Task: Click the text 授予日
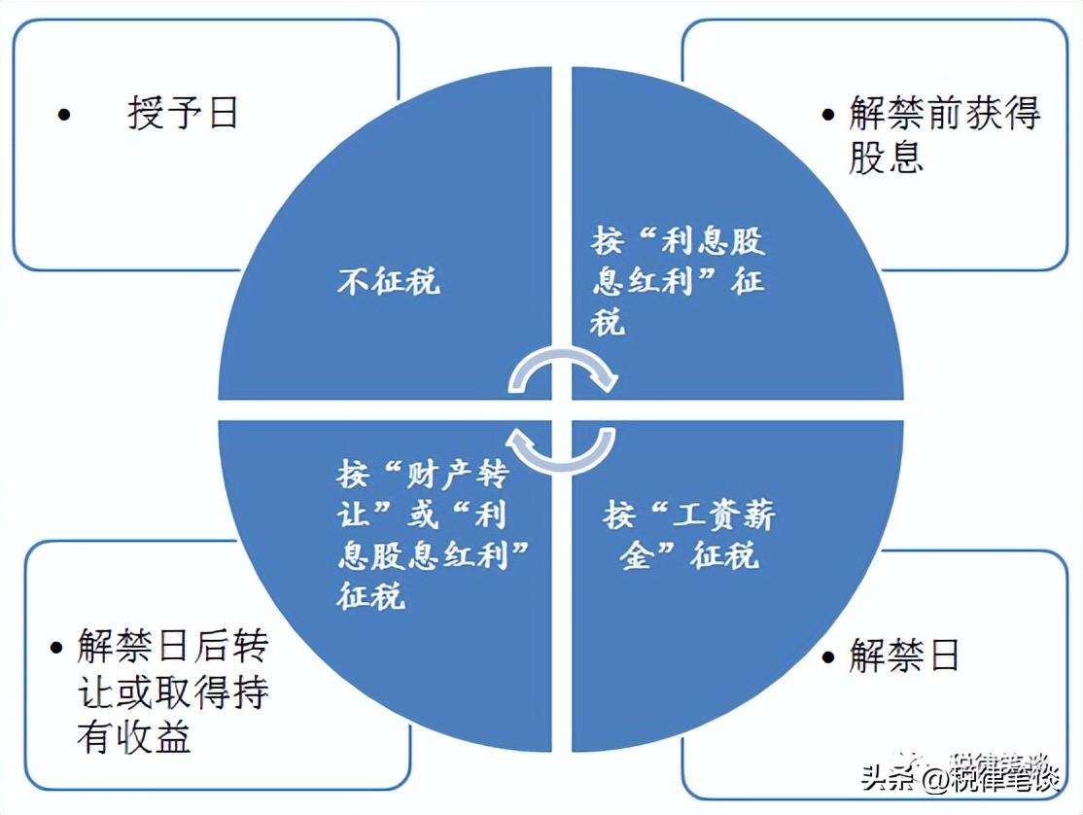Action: (183, 113)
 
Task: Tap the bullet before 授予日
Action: (64, 114)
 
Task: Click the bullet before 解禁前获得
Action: (828, 114)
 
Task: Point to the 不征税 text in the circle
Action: (388, 281)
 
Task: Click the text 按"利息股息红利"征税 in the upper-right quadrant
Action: (678, 281)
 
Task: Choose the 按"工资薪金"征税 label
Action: (688, 535)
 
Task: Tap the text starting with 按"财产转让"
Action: (434, 535)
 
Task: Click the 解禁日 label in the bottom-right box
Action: (904, 655)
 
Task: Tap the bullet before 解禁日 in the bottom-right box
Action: (828, 656)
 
